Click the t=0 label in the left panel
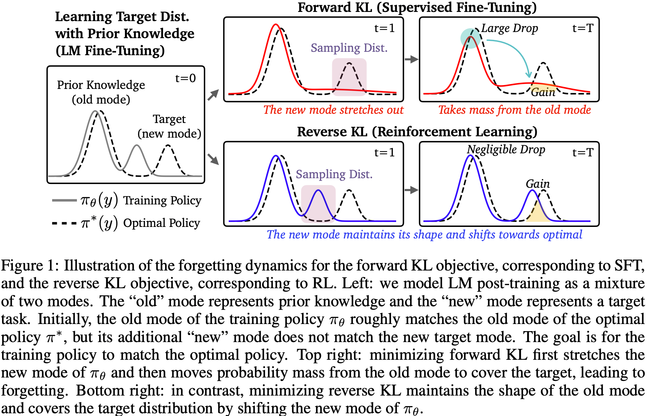click(x=185, y=78)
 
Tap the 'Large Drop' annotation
click(x=509, y=28)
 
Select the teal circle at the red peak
click(x=470, y=38)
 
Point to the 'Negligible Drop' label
click(x=506, y=149)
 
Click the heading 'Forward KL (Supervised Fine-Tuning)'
click(x=417, y=7)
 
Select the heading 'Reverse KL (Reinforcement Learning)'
click(x=417, y=132)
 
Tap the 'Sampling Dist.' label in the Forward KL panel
click(x=349, y=48)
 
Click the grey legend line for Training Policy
click(x=64, y=200)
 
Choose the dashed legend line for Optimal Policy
click(x=64, y=224)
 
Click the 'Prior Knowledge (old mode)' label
click(x=101, y=92)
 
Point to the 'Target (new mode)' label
click(x=169, y=126)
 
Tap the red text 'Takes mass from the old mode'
click(x=514, y=110)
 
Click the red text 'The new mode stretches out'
click(x=333, y=110)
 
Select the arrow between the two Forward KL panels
click(x=411, y=59)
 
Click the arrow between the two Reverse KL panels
click(x=411, y=190)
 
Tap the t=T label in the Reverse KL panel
click(x=583, y=152)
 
